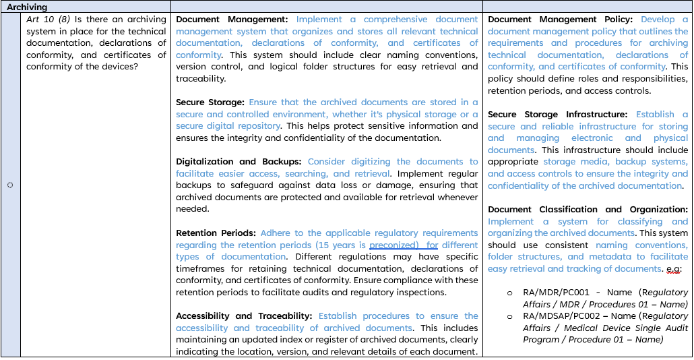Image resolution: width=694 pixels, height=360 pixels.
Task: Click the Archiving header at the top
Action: pyautogui.click(x=28, y=7)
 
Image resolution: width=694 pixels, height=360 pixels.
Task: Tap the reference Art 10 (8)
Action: pyautogui.click(x=50, y=20)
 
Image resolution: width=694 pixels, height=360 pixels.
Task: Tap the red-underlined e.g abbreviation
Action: pyautogui.click(x=674, y=269)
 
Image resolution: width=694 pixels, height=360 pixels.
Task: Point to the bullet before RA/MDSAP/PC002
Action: pyautogui.click(x=509, y=316)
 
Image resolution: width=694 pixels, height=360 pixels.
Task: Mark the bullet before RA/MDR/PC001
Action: pyautogui.click(x=509, y=293)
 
